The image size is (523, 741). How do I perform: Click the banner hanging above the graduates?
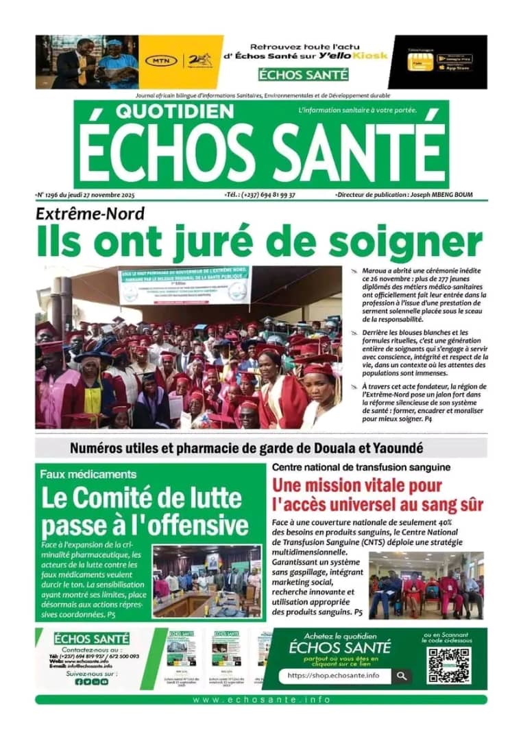[184, 285]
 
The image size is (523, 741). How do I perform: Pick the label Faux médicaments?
[88, 474]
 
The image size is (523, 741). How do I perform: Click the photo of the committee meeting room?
[207, 580]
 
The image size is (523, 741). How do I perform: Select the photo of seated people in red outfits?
[426, 585]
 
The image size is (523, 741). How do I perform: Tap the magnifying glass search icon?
[401, 676]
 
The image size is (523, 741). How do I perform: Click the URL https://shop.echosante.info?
[333, 676]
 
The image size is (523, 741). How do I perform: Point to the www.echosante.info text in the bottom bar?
[261, 700]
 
